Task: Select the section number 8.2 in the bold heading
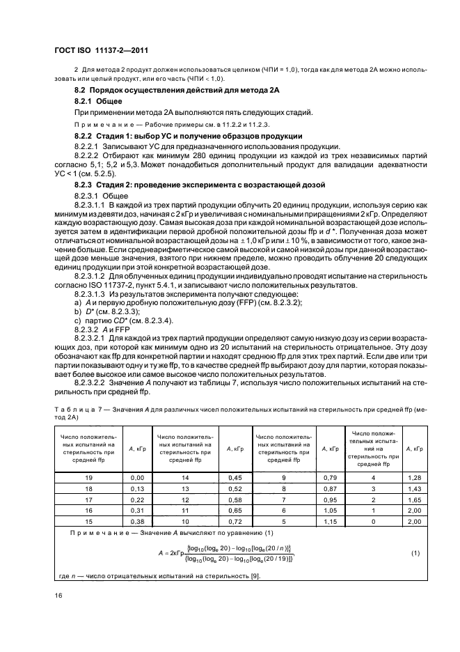point(81,91)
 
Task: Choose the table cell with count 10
point(184,522)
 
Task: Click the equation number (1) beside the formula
point(415,553)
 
